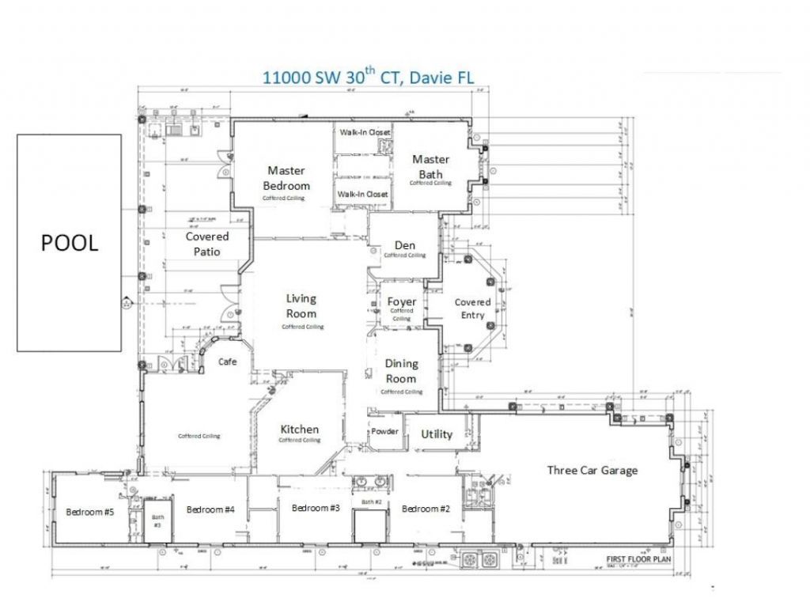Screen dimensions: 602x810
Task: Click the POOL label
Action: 70,243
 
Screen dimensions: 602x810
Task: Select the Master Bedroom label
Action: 286,178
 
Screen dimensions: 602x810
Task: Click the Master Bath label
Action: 430,167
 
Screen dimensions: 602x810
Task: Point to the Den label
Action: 405,245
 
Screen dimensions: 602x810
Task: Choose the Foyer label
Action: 402,302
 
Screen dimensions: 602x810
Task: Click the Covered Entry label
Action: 472,309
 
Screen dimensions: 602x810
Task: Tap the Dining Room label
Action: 401,371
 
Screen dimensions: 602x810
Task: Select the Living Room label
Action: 301,305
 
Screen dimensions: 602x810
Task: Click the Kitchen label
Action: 300,430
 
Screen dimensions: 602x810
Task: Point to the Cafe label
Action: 229,362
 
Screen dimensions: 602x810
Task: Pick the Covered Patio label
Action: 207,244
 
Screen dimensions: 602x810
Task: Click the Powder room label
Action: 385,432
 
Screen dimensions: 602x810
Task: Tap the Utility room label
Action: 437,434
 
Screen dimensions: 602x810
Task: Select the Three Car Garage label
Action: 592,470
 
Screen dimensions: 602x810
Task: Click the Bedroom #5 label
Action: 90,512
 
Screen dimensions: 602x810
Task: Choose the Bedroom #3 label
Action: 316,508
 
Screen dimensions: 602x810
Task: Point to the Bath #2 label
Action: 372,502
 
